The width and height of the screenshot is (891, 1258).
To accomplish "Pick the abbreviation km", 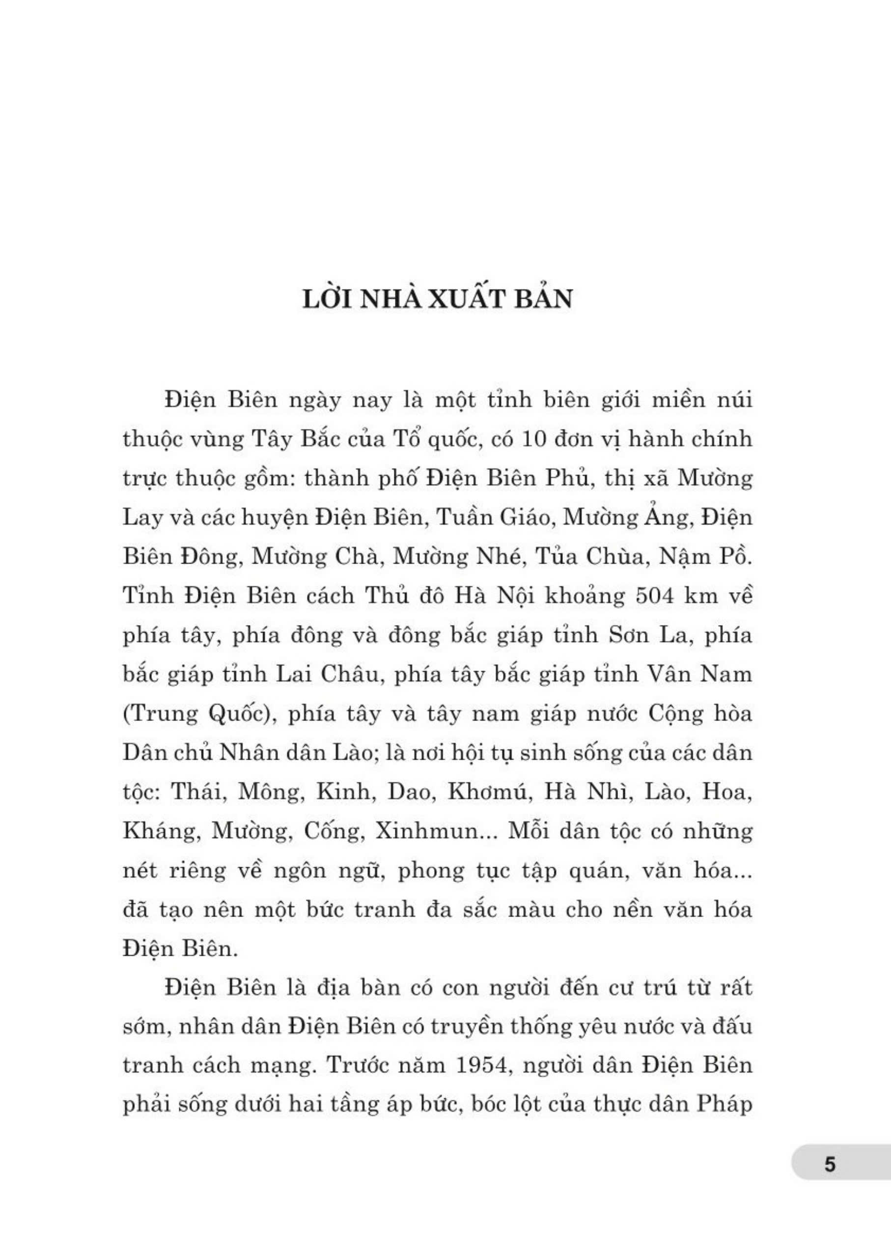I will tap(703, 596).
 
